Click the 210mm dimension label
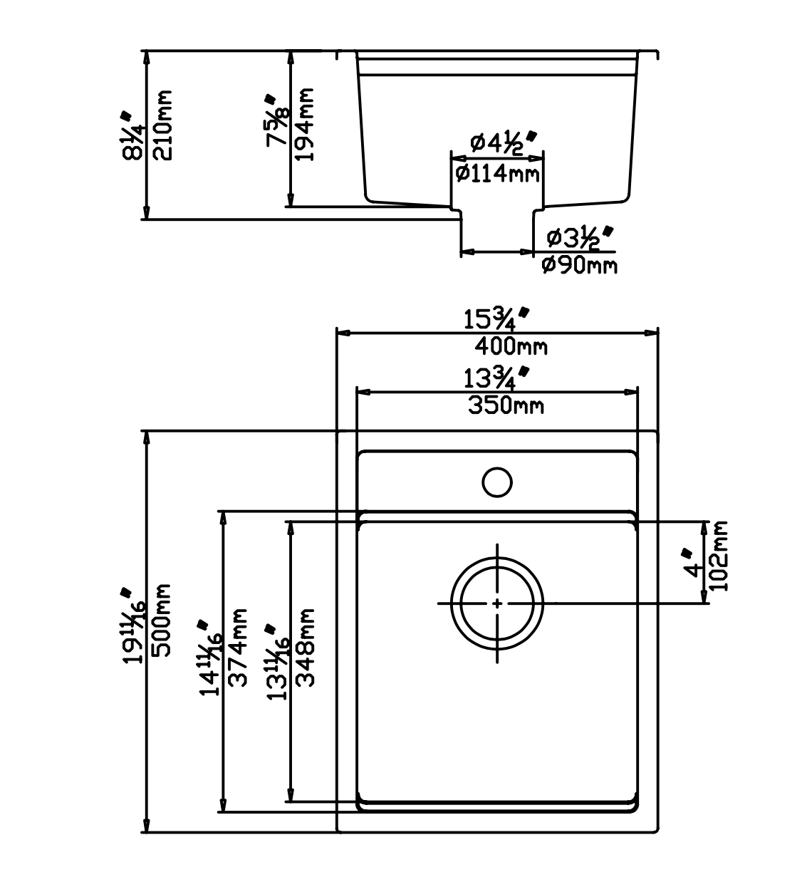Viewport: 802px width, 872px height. click(x=163, y=125)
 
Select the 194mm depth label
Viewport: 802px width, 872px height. click(x=305, y=125)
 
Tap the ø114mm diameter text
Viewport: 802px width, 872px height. click(x=496, y=172)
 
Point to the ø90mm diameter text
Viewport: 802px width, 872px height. click(x=579, y=265)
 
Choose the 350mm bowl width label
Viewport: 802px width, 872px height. click(x=506, y=405)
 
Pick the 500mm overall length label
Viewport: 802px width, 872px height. click(x=163, y=620)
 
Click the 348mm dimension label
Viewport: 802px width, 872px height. click(x=305, y=647)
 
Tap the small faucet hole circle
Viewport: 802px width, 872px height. click(x=496, y=482)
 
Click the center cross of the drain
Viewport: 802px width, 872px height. click(x=496, y=603)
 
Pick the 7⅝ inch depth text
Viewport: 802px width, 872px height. click(x=276, y=123)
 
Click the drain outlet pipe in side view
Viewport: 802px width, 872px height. click(x=496, y=232)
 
